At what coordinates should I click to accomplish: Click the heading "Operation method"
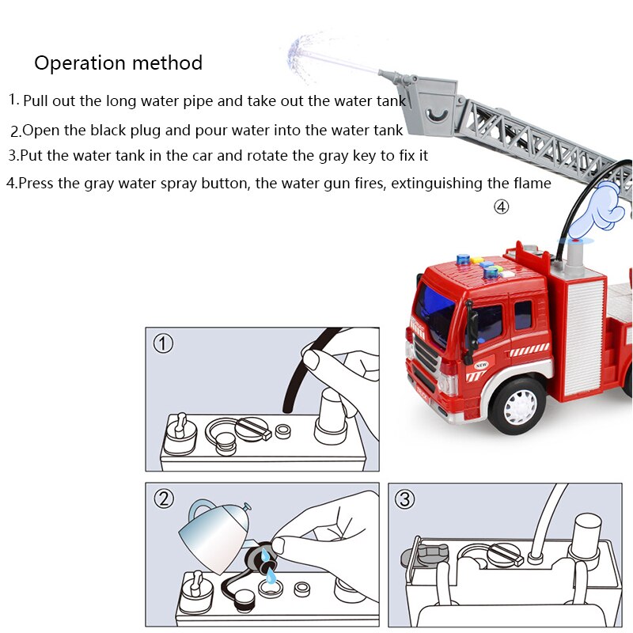click(118, 63)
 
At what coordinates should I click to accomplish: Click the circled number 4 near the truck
click(501, 207)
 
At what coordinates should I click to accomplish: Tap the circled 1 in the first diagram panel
click(163, 344)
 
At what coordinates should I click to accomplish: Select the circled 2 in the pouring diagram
click(163, 498)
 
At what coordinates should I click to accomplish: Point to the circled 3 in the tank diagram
click(405, 499)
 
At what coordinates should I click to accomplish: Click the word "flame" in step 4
click(531, 184)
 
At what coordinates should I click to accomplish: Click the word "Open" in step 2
click(38, 131)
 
